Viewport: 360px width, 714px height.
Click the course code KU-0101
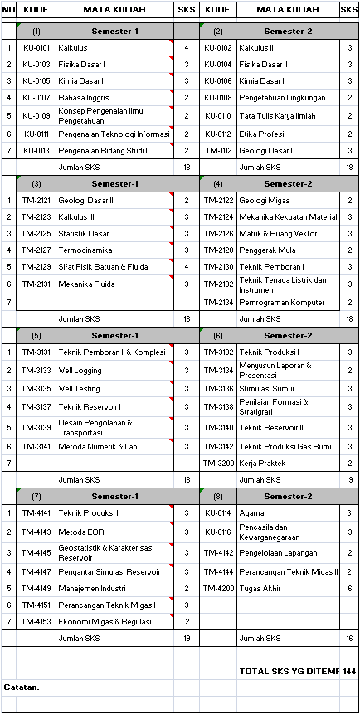tap(36, 48)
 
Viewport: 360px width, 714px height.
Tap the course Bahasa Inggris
tap(84, 98)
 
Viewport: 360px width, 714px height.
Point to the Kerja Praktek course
tap(262, 463)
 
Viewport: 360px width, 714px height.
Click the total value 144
tap(349, 670)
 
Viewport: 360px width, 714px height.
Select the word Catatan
tap(21, 687)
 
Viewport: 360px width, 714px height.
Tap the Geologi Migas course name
tap(265, 200)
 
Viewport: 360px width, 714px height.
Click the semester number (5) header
tap(36, 335)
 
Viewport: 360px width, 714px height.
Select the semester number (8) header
tap(218, 496)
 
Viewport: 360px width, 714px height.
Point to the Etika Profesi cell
tap(262, 134)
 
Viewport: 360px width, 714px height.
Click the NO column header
tap(8, 9)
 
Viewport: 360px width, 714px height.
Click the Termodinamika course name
tap(85, 250)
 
